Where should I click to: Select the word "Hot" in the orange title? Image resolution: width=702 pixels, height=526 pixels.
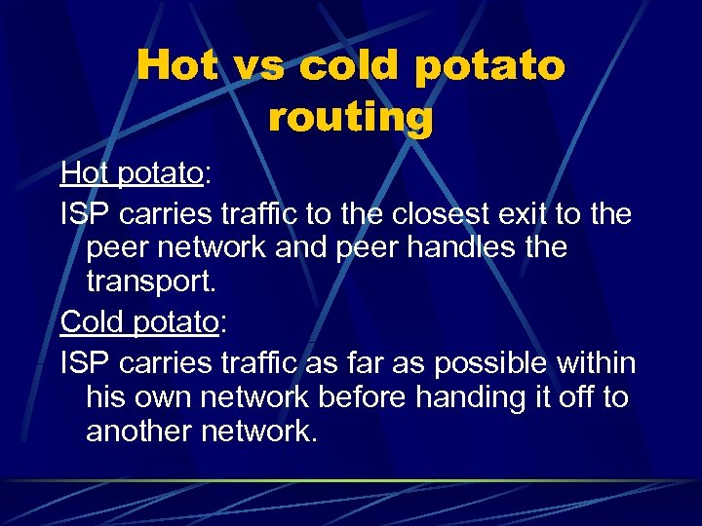click(x=177, y=66)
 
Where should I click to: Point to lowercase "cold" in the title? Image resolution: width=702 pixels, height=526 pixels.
click(x=346, y=66)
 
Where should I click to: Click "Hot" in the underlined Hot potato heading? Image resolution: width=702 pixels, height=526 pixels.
click(x=85, y=173)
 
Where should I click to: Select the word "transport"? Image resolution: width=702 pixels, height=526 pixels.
click(x=148, y=282)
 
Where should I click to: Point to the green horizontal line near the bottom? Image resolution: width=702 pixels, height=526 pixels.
click(x=351, y=480)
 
